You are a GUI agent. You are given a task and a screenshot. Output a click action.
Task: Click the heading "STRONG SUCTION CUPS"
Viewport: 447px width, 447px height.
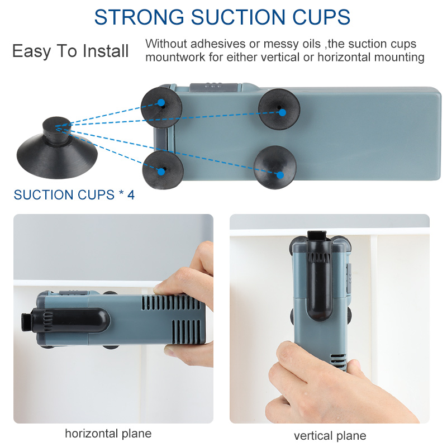coord(222,17)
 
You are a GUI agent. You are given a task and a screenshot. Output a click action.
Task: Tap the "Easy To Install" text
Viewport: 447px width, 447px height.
coord(70,51)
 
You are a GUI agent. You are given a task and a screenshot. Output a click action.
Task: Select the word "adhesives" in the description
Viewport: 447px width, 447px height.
coord(218,44)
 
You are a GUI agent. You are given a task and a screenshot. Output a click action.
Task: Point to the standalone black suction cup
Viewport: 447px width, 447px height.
coord(57,148)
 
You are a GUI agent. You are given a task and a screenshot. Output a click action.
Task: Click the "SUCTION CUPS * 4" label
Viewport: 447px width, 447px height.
coord(74,195)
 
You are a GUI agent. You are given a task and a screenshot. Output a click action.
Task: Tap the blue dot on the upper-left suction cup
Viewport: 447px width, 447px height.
coord(161,103)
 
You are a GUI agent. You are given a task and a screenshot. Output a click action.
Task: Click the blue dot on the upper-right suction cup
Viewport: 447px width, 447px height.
coord(282,113)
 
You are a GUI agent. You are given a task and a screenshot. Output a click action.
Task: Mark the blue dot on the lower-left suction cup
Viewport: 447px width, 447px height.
coord(161,172)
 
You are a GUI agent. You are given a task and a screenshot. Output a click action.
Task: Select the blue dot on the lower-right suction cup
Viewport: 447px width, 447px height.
coord(280,175)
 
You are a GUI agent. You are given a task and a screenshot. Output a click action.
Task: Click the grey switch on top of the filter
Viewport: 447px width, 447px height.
coord(214,87)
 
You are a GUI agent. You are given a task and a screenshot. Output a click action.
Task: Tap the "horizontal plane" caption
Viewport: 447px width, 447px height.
coord(108,434)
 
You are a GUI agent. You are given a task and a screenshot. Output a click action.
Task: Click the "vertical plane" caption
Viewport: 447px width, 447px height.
coord(330,436)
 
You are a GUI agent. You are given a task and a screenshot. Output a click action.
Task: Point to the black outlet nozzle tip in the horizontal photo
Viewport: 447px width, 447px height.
coord(26,322)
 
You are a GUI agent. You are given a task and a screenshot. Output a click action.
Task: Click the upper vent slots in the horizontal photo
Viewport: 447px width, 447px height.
coord(171,303)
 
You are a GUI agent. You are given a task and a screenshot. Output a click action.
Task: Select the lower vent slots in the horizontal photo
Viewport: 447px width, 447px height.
coord(187,331)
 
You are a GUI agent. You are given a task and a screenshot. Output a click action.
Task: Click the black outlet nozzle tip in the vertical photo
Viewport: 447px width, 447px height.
coord(317,235)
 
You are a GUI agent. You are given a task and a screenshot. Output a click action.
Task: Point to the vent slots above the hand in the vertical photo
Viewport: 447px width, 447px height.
coord(339,362)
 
